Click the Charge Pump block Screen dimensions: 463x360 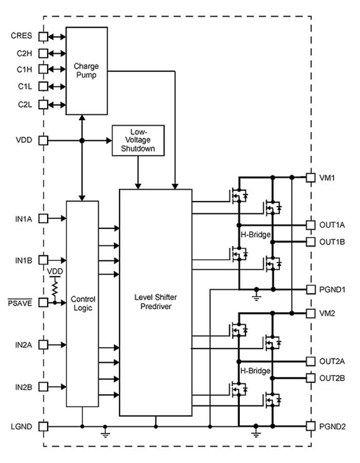pyautogui.click(x=86, y=70)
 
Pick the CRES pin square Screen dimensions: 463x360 pyautogui.click(x=43, y=36)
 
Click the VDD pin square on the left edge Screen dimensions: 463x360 pyautogui.click(x=43, y=141)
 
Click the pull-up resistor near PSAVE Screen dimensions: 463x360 pyautogui.click(x=55, y=287)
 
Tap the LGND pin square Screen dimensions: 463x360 pyautogui.click(x=43, y=427)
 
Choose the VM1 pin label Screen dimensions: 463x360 pyautogui.click(x=327, y=178)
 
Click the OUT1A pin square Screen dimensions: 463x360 pyautogui.click(x=310, y=224)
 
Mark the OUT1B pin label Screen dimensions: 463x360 pyautogui.click(x=332, y=242)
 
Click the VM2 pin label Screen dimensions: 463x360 pyautogui.click(x=327, y=313)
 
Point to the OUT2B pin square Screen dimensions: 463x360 pyautogui.click(x=310, y=378)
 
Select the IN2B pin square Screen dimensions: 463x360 pyautogui.click(x=43, y=386)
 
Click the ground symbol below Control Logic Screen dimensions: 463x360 pyautogui.click(x=106, y=434)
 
